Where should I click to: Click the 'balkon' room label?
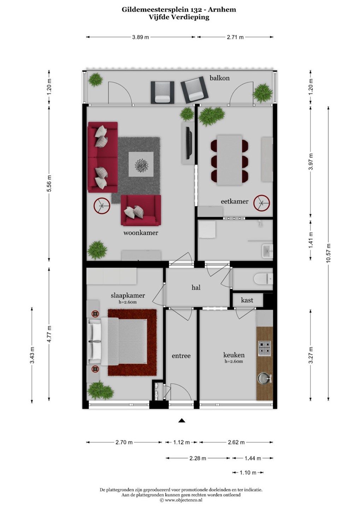pyautogui.click(x=219, y=78)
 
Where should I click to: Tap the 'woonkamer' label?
pyautogui.click(x=141, y=233)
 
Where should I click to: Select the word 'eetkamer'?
pyautogui.click(x=235, y=201)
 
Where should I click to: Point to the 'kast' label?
pyautogui.click(x=247, y=300)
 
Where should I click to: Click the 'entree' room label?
pyautogui.click(x=181, y=356)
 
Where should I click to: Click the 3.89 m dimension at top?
pyautogui.click(x=140, y=37)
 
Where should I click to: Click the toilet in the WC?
pyautogui.click(x=264, y=279)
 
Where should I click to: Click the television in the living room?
pyautogui.click(x=189, y=143)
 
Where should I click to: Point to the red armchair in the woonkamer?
pyautogui.click(x=141, y=210)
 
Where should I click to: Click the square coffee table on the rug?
pyautogui.click(x=141, y=164)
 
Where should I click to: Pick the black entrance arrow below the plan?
pyautogui.click(x=181, y=420)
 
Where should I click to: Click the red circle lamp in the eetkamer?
pyautogui.click(x=262, y=203)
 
